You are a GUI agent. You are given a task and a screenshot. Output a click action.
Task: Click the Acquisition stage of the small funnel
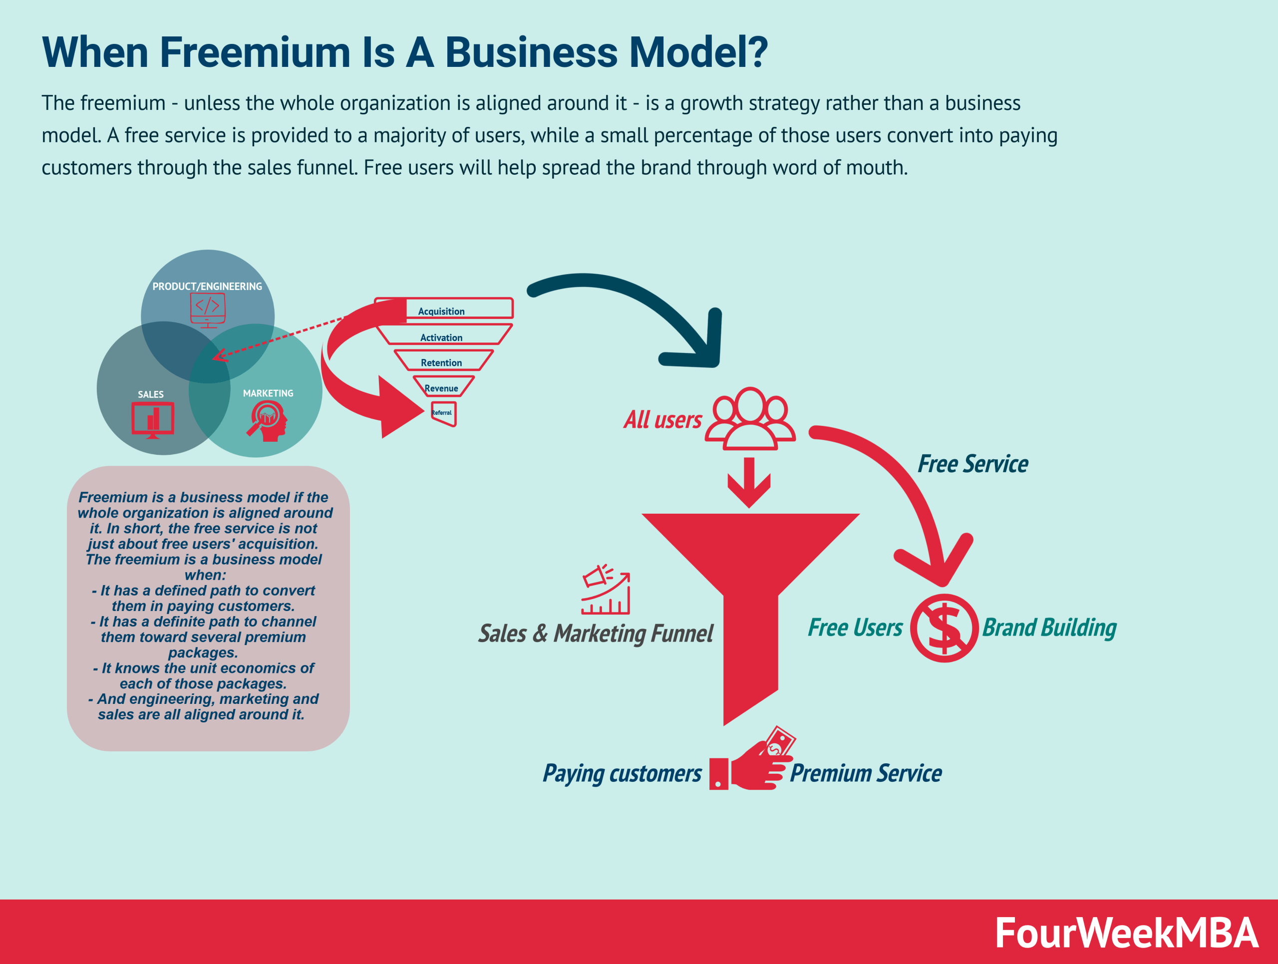441,310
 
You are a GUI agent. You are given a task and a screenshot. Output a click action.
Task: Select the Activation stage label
441,337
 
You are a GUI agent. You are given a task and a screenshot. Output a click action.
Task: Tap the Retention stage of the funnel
441,362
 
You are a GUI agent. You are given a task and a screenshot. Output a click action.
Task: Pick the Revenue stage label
441,388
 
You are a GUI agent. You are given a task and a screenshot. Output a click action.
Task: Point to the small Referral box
443,413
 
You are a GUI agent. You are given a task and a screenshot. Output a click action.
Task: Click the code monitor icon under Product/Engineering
207,309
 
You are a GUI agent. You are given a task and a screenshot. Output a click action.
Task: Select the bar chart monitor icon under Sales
153,419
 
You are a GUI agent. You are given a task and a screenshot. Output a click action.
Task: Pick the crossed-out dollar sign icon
944,628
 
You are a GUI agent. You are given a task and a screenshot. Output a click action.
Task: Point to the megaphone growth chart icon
606,590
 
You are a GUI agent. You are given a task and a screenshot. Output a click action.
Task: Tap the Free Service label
973,464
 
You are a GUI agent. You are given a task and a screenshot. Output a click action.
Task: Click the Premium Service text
866,773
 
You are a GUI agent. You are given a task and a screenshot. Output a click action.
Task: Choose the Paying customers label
622,773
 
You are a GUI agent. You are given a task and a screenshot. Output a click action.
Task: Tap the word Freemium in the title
255,52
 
